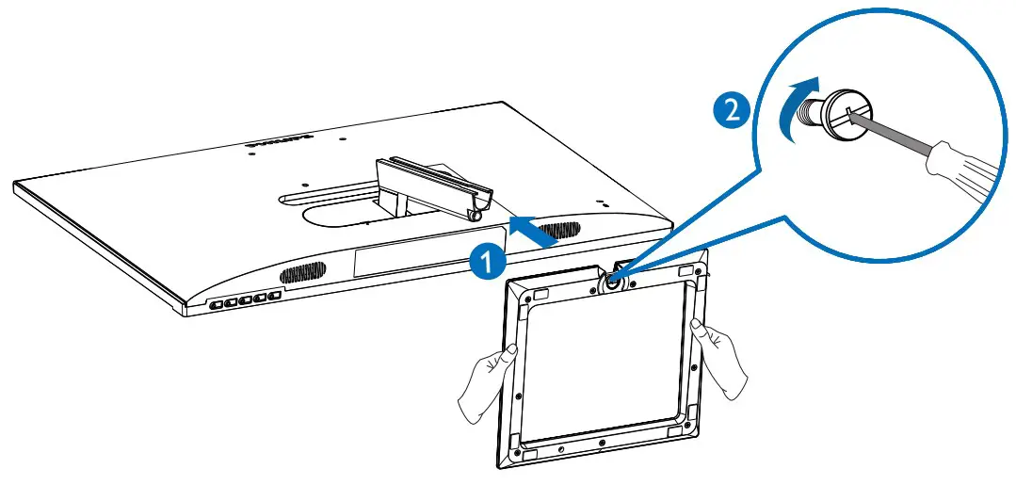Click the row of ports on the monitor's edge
(x=242, y=301)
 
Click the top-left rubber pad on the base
(x=541, y=294)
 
